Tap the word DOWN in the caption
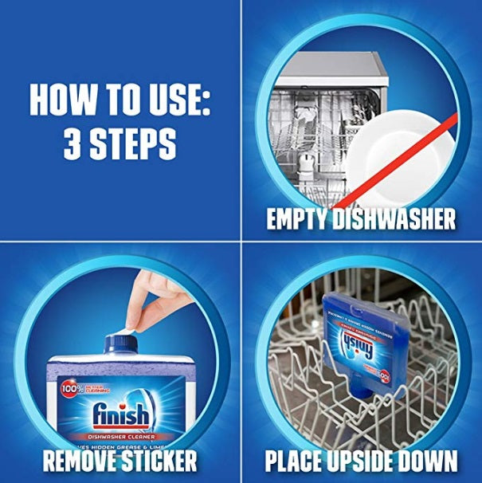(x=430, y=460)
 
